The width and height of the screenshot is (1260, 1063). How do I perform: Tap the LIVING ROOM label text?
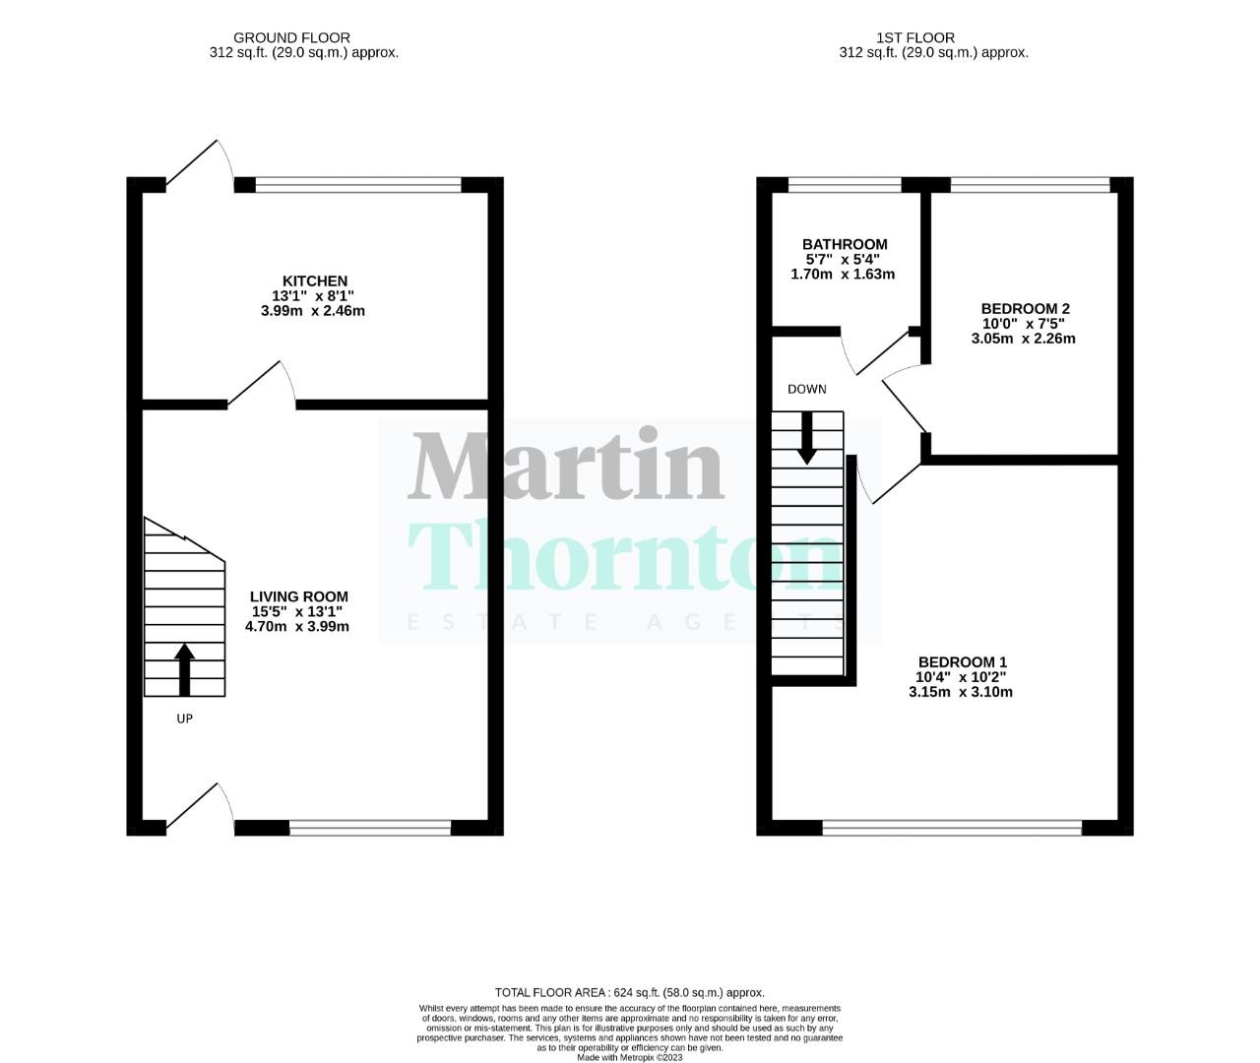298,596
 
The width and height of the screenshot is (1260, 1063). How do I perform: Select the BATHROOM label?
844,244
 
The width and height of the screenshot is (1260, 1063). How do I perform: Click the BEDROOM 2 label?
1025,308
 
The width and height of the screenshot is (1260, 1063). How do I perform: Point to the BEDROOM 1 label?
962,661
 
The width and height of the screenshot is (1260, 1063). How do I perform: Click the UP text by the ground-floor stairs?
184,719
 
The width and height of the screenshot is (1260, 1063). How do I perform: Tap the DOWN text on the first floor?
806,389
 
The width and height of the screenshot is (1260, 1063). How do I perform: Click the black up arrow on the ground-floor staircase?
184,669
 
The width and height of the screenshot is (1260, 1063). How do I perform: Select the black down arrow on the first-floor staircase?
806,438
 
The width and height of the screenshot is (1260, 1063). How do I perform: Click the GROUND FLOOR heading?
304,38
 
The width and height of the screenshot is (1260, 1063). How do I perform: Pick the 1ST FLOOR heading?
914,38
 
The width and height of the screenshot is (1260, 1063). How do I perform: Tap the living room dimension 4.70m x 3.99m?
297,626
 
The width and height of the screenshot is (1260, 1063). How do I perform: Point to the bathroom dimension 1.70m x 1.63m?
843,275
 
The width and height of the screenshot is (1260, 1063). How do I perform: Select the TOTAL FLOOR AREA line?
629,992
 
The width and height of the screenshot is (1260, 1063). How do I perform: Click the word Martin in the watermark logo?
567,467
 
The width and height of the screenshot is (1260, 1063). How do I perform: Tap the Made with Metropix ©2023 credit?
629,1057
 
